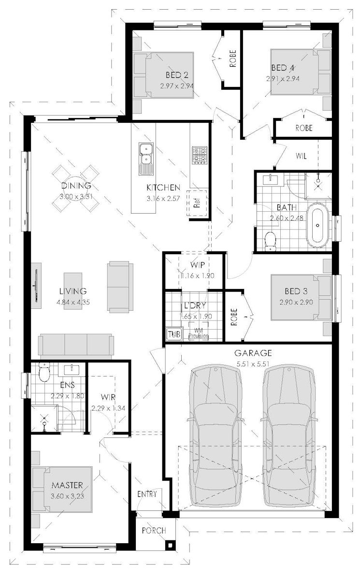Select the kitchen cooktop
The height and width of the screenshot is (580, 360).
pos(199,156)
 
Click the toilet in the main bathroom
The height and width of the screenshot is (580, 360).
pos(270,240)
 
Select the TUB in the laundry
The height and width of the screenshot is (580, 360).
pos(173,334)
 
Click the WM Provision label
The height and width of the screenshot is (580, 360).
pos(198,333)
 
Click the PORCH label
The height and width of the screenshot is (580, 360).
pos(154,530)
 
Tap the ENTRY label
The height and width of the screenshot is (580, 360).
pos(147,494)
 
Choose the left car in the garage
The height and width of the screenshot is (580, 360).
pos(216,435)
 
